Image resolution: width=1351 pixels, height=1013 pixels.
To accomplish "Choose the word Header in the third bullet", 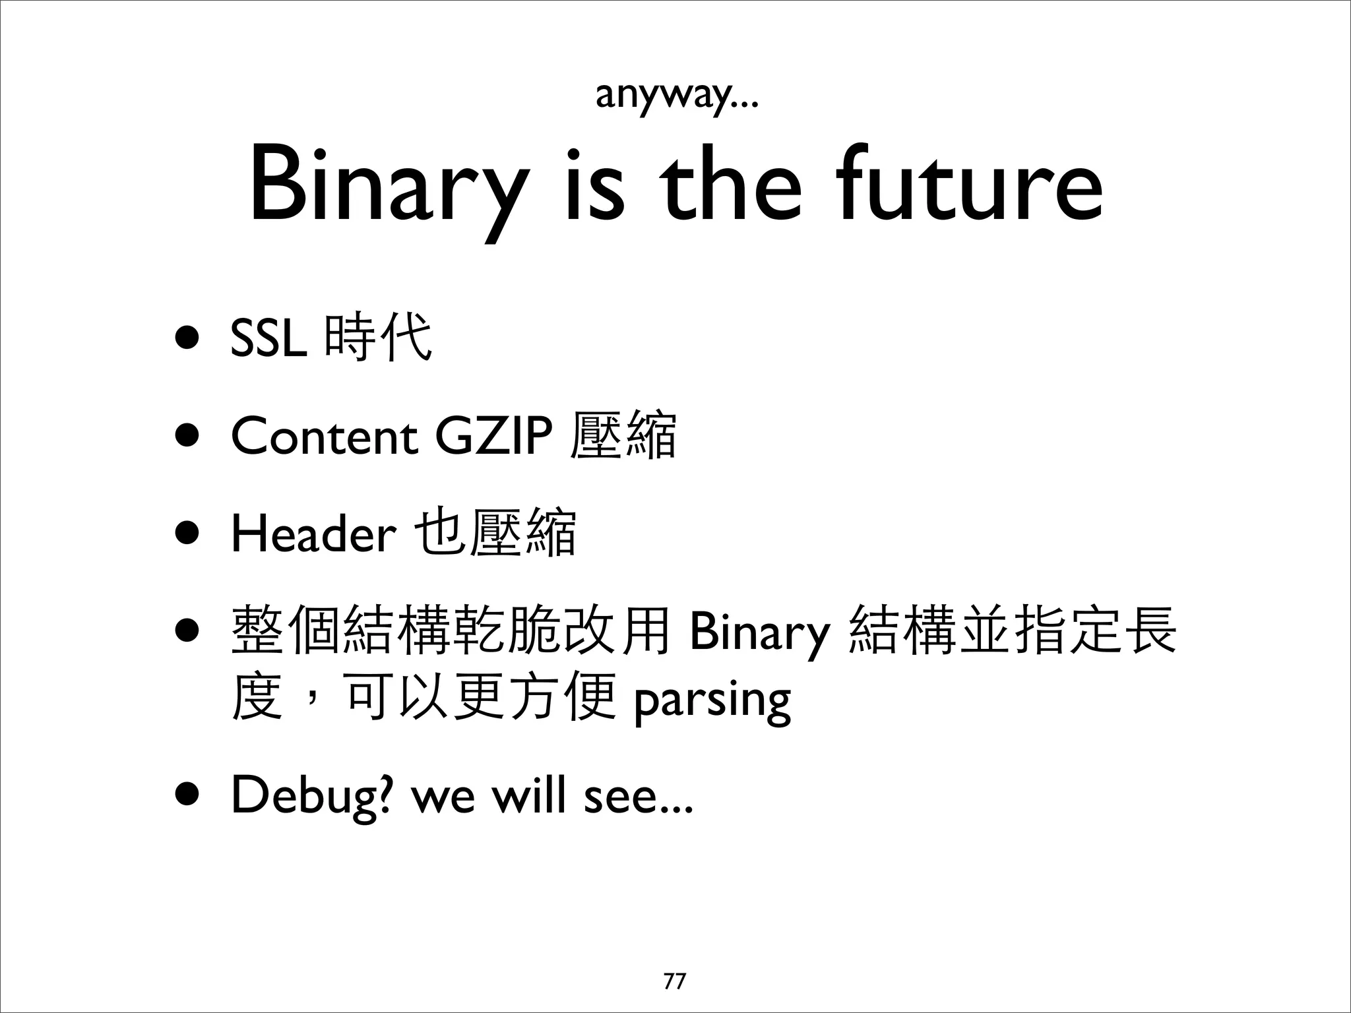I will tap(313, 534).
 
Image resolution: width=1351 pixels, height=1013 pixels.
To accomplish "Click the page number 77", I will tap(674, 981).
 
